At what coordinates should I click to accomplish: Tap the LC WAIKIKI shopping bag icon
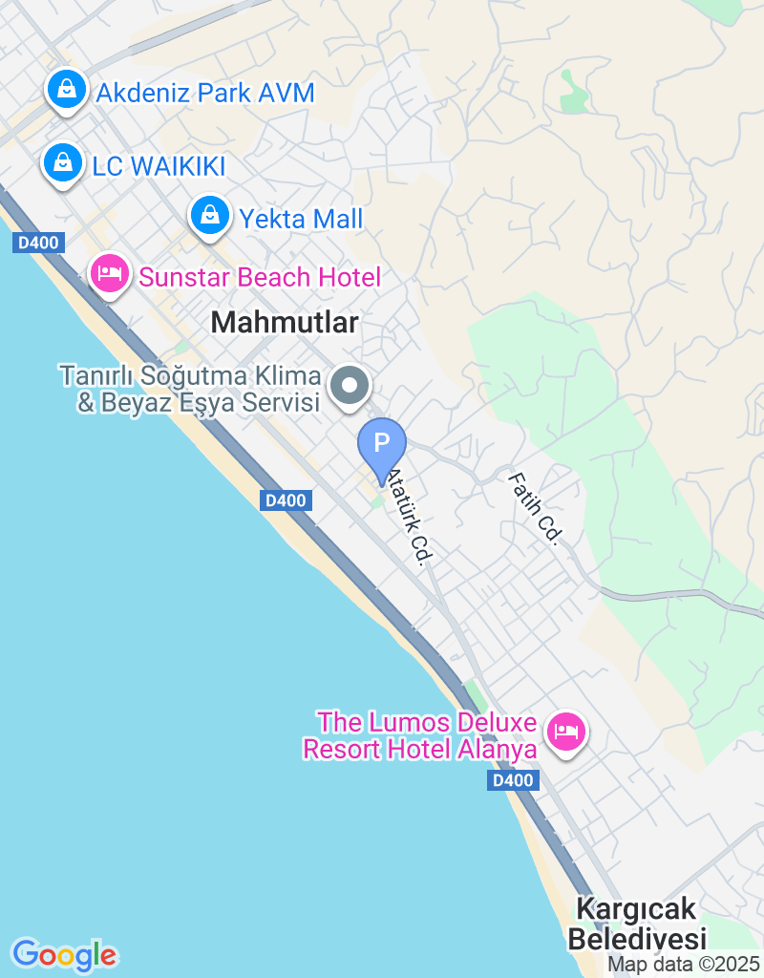tap(62, 163)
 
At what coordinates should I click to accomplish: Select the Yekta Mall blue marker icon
tap(209, 216)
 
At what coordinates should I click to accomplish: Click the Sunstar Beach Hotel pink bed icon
tap(110, 274)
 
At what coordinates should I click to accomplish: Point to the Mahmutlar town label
tap(285, 323)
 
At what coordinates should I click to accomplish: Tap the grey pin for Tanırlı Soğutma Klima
tap(350, 387)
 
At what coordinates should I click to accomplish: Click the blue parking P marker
tap(382, 444)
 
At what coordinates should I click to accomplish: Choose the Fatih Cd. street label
tap(534, 508)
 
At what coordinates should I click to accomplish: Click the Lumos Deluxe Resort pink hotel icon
tap(566, 733)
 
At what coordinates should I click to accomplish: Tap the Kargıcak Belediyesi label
tap(636, 923)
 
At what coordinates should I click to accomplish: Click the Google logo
tap(64, 953)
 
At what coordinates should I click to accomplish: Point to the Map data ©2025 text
tap(684, 965)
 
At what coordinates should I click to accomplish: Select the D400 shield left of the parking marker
tap(286, 500)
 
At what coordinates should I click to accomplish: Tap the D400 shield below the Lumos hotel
tap(513, 781)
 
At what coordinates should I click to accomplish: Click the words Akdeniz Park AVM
tap(204, 94)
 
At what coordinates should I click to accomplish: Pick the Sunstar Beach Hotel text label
tap(260, 278)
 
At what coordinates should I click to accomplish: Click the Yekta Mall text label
tap(301, 219)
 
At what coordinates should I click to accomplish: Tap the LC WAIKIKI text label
tap(159, 166)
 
